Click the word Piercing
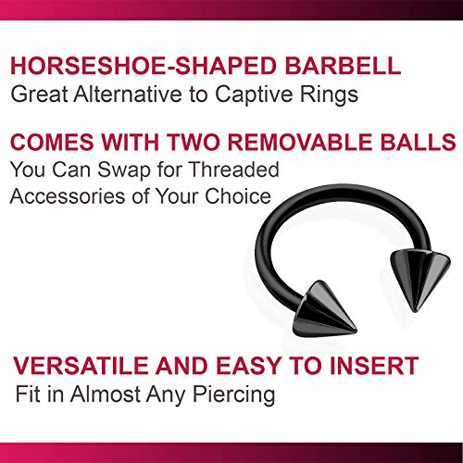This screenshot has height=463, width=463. [235, 394]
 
